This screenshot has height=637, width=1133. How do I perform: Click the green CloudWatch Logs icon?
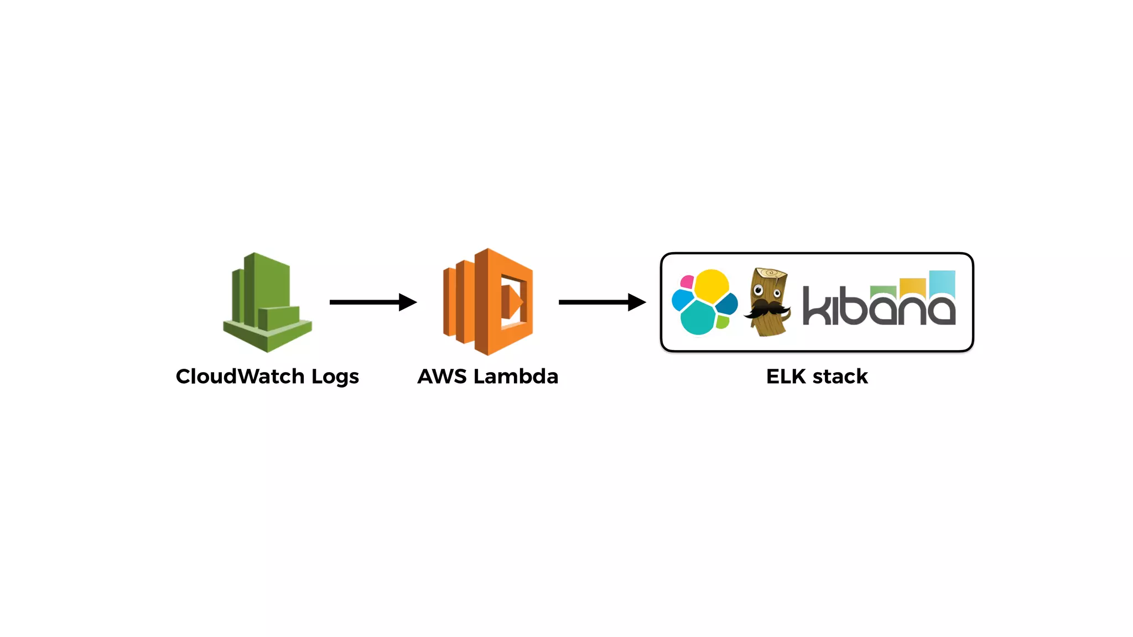point(267,302)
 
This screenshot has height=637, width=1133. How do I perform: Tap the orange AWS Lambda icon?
point(488,302)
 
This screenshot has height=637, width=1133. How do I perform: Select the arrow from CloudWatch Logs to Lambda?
point(372,302)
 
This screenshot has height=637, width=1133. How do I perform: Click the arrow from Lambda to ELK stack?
point(602,302)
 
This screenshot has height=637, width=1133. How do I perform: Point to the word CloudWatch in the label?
point(240,377)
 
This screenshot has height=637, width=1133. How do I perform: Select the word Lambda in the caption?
point(516,377)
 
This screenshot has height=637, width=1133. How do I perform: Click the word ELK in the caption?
point(786,377)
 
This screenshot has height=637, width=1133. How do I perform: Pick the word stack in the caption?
point(840,377)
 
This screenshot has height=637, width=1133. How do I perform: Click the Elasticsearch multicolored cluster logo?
point(704,302)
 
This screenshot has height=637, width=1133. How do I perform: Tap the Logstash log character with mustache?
point(767,302)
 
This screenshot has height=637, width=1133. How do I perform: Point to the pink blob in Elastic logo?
point(687,282)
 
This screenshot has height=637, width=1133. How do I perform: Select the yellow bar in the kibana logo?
point(913,286)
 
